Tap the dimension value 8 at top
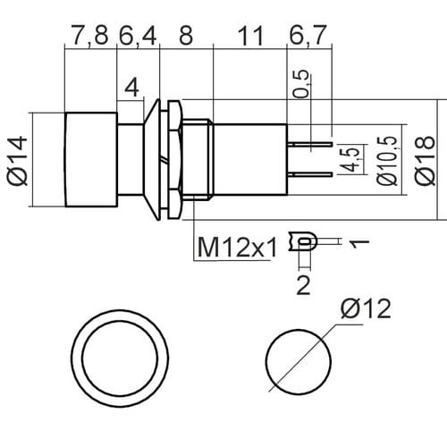click(x=186, y=36)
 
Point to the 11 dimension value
click(x=250, y=36)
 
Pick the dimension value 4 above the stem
click(x=131, y=88)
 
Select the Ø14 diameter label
click(x=17, y=161)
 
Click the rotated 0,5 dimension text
click(x=302, y=84)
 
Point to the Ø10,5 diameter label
click(x=387, y=161)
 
